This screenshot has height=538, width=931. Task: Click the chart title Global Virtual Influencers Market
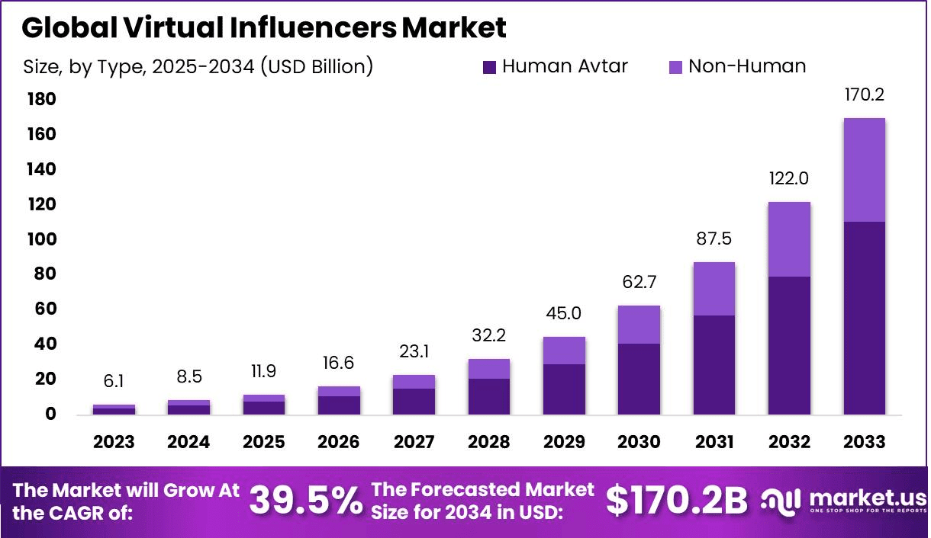pos(264,28)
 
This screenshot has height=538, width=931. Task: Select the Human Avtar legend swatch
pos(490,67)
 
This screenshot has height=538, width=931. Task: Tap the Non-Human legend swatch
pos(676,67)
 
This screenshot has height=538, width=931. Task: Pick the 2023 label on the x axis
pos(114,443)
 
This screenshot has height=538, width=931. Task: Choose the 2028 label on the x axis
pos(488,443)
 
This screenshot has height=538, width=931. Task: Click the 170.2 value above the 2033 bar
pos(864,95)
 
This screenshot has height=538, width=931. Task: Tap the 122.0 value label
pos(789,179)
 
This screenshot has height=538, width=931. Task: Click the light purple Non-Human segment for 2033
pos(864,170)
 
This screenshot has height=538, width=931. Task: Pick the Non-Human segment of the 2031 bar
pos(714,289)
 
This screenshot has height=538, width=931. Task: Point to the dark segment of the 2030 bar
pos(639,379)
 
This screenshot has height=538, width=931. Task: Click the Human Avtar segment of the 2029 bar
pos(564,389)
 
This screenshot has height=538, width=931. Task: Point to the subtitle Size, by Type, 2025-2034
pos(198,67)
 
